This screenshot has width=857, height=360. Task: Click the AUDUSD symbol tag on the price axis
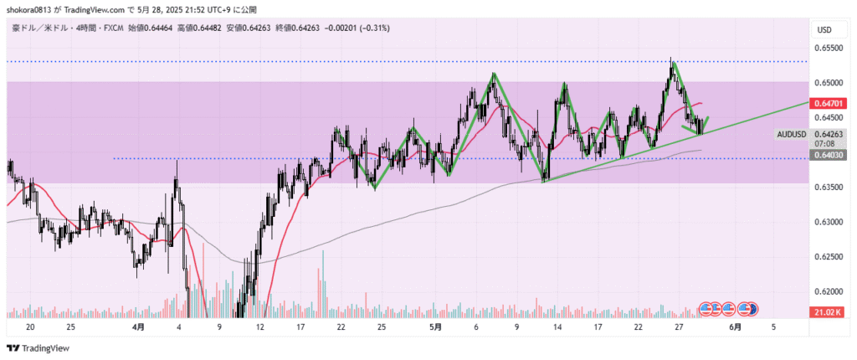[791, 134]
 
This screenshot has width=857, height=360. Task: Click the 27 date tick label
[678, 327]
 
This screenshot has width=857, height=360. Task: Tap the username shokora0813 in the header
[33, 9]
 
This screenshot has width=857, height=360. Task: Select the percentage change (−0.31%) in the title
[373, 28]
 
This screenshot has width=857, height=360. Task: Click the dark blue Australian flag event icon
[752, 309]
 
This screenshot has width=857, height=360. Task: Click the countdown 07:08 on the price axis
[824, 143]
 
